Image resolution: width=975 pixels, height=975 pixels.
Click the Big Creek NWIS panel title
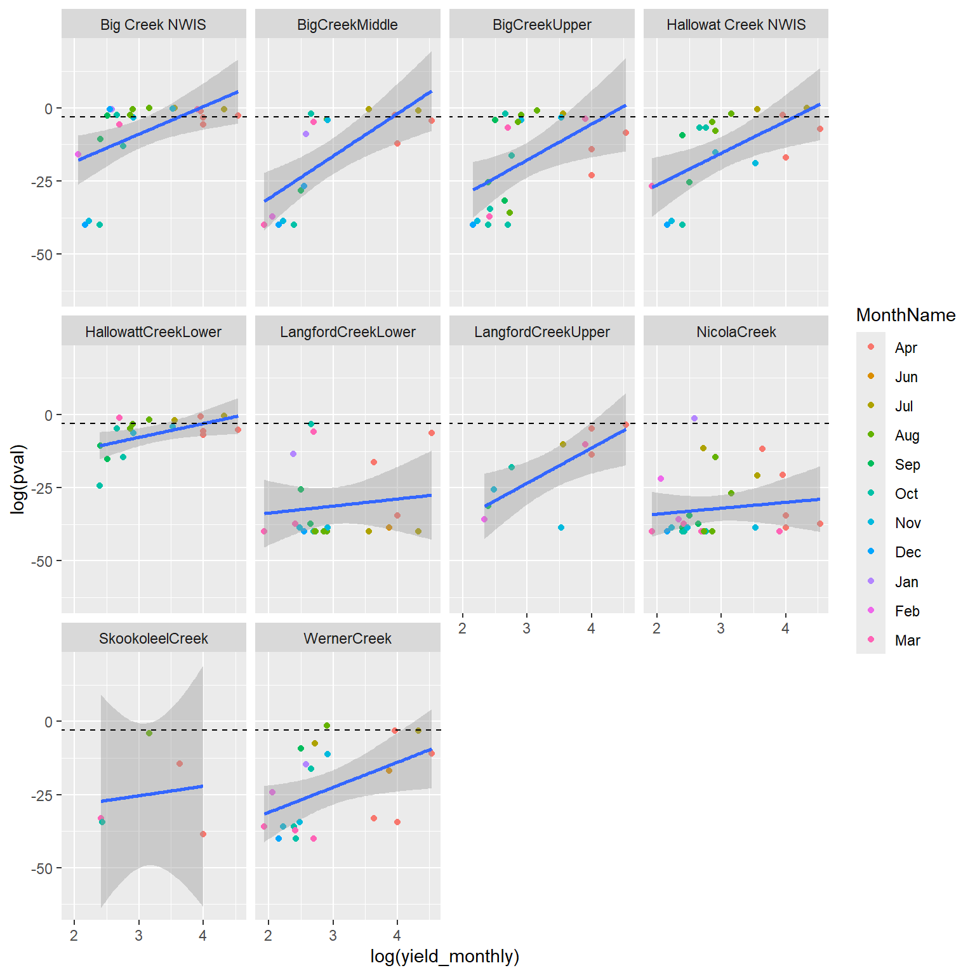click(x=153, y=25)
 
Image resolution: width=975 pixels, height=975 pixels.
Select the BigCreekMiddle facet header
click(x=347, y=25)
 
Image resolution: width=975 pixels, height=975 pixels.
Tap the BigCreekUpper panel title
click(x=541, y=25)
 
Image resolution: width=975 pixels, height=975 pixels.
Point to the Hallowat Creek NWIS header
click(x=736, y=25)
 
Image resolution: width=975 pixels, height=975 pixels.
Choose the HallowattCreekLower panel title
click(x=153, y=332)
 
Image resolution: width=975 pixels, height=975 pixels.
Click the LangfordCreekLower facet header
click(x=347, y=332)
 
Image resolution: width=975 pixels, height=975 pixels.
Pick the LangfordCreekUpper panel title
click(x=541, y=332)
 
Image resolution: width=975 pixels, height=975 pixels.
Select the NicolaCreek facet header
click(x=736, y=332)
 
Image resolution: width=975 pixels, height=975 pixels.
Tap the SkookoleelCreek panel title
click(x=153, y=639)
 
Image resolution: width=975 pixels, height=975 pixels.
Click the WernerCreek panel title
click(x=347, y=639)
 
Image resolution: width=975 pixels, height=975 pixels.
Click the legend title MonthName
click(x=905, y=315)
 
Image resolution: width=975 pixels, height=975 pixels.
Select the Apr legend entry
click(x=906, y=348)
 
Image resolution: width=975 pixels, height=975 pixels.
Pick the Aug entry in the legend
click(x=906, y=435)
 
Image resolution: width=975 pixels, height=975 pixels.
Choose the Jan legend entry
click(x=906, y=582)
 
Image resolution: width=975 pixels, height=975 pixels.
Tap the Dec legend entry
click(x=908, y=552)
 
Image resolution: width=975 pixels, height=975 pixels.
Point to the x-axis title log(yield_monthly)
click(x=444, y=956)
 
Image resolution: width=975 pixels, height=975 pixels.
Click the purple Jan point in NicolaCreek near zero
click(x=694, y=418)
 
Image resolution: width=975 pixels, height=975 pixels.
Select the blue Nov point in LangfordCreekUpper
click(x=561, y=527)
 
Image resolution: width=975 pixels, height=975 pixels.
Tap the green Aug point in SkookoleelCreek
click(x=149, y=733)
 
